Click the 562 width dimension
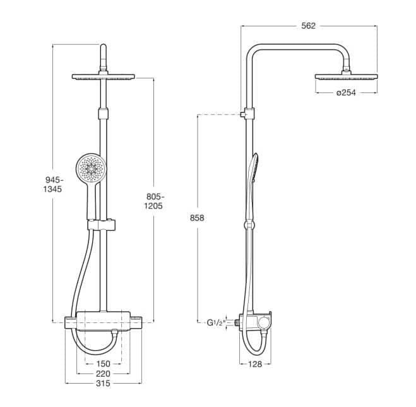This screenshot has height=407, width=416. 309,26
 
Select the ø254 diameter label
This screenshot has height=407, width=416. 346,93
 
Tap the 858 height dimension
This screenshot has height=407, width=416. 197,218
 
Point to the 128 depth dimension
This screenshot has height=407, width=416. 255,364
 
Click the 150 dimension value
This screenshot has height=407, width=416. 103,363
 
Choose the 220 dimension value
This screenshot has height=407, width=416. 103,374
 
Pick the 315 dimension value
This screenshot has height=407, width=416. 103,384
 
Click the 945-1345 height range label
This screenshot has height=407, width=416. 53,185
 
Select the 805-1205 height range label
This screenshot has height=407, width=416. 154,201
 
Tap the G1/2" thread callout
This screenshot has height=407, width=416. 216,323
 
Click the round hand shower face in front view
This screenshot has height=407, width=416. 91,167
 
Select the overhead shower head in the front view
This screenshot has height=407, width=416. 103,76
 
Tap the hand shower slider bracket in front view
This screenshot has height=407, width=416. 102,225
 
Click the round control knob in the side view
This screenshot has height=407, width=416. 264,322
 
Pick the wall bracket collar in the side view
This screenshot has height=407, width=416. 249,114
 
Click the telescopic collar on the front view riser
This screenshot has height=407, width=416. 103,114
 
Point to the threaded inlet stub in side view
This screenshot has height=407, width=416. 237,322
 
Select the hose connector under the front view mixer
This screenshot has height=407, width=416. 115,332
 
